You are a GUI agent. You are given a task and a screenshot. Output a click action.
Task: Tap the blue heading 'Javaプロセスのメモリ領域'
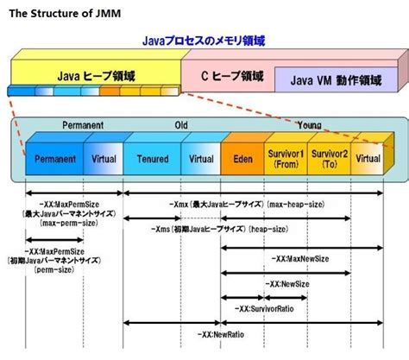tap(204, 41)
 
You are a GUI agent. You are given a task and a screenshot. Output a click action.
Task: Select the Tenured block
tap(152, 159)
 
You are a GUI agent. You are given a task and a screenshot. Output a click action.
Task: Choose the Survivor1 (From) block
tap(285, 159)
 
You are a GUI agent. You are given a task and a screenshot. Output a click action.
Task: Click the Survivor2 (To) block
tap(327, 159)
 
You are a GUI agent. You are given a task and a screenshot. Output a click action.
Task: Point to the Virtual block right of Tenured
tap(200, 159)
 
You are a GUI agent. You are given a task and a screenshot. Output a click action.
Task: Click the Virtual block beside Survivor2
tap(368, 159)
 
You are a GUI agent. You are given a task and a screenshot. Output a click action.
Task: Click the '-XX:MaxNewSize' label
tap(299, 258)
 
